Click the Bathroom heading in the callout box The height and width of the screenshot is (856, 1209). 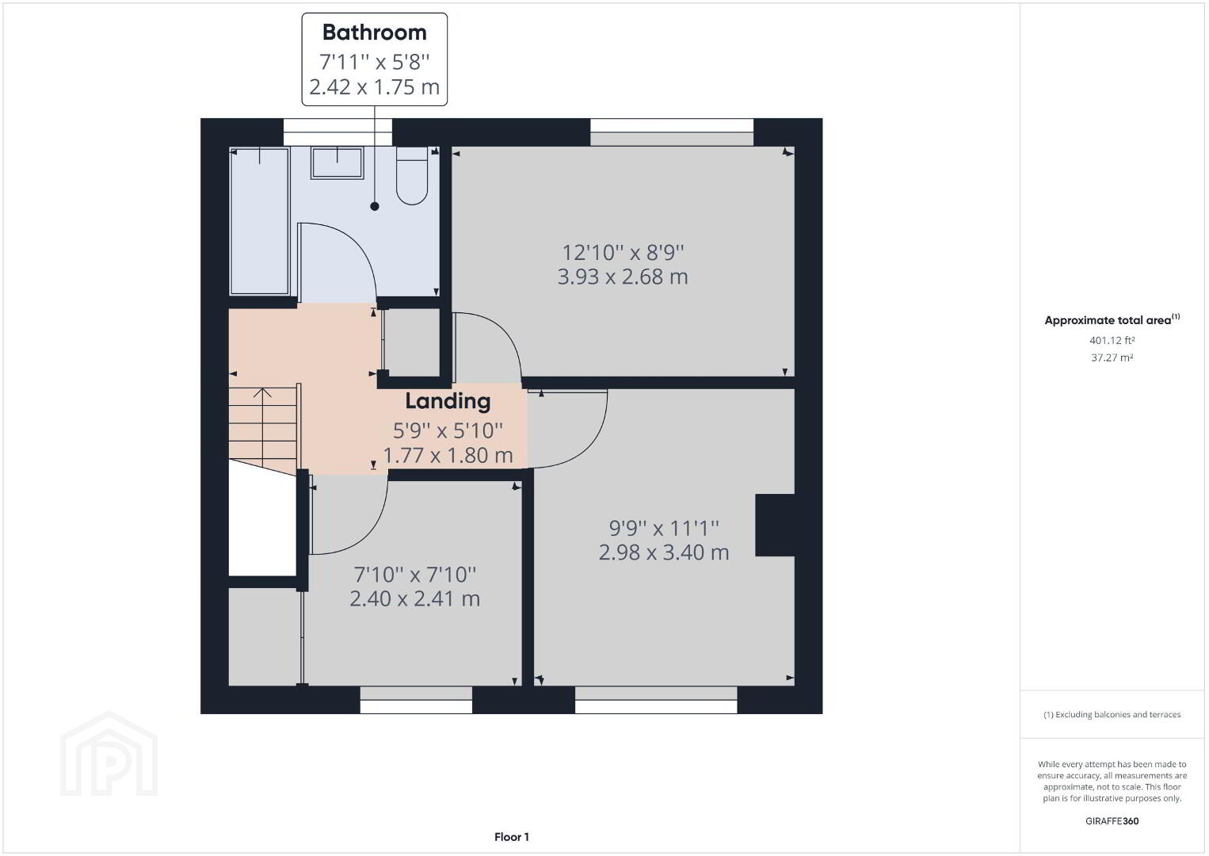coord(374,32)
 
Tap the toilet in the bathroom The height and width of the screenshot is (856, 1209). coord(412,175)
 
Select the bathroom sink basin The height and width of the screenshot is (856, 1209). coord(337,162)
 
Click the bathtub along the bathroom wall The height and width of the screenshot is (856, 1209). coord(260,221)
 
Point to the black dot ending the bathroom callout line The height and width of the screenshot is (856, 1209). coord(375,206)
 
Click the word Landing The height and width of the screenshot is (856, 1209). coord(448,401)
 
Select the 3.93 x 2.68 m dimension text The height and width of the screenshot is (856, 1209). coord(622,277)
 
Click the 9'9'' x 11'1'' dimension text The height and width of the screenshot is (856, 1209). coord(664,528)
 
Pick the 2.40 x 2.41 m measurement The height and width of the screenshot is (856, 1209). coord(414,598)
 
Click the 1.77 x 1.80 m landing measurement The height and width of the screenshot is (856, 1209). coord(448,455)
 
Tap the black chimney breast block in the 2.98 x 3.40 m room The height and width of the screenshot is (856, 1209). coord(775,525)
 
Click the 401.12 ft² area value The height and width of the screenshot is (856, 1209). coord(1112,340)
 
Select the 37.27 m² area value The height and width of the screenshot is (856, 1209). coord(1112,357)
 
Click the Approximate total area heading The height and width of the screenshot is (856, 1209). coord(1112,319)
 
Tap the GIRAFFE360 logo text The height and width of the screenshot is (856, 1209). coord(1112,821)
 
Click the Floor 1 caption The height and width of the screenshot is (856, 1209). coord(512,837)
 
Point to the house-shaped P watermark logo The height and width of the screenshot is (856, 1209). coord(109,754)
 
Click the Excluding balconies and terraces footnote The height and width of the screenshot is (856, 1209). coord(1112,714)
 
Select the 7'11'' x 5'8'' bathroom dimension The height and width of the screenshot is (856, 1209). coord(374,62)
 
